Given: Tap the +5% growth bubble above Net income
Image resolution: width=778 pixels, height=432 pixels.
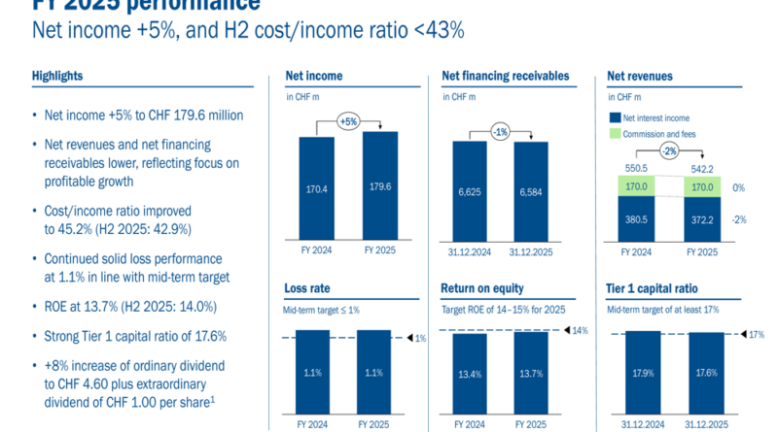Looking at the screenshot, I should pos(347,122).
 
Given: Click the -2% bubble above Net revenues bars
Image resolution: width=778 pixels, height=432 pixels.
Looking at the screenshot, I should pos(668,150).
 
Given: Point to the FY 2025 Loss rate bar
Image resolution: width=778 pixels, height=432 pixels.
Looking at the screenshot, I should pos(375,374).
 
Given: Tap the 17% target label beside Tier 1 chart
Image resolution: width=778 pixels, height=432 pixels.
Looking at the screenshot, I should pos(756,334).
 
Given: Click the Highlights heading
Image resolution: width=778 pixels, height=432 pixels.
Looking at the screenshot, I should pos(57,76).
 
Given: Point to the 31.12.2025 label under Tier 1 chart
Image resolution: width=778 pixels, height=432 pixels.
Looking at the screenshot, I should pos(708,425).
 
